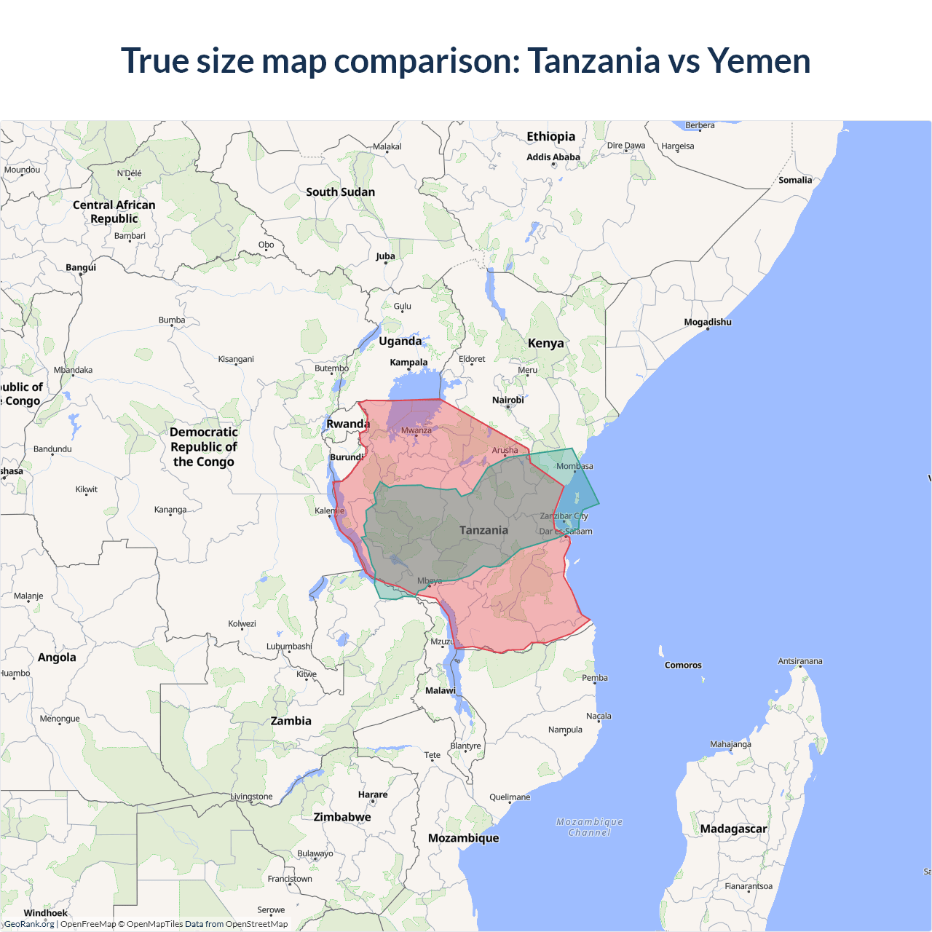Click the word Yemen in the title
[759, 61]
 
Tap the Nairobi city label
[508, 400]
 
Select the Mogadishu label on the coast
[707, 322]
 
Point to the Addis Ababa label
[553, 157]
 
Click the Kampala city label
[408, 362]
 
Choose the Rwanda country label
[348, 424]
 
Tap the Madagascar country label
[733, 829]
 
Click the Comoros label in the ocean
[683, 665]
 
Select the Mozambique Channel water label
[589, 827]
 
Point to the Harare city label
[373, 794]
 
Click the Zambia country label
[291, 721]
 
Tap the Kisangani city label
[236, 359]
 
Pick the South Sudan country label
[340, 192]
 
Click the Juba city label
[385, 256]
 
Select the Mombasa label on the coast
[574, 466]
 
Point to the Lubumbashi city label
[289, 646]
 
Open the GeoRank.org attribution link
[29, 924]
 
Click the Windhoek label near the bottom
[45, 913]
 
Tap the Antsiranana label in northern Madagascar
[799, 661]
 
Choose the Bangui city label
[80, 267]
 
